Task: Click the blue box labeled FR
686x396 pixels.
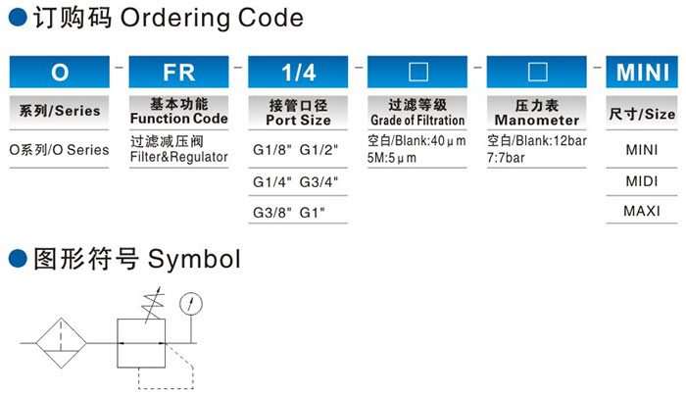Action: (x=178, y=72)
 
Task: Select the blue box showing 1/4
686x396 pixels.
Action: (x=298, y=72)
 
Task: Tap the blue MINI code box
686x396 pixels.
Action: (x=642, y=72)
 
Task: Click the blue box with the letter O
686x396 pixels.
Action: (x=60, y=72)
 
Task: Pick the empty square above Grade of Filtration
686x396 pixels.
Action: (x=418, y=73)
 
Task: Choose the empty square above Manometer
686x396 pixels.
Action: (x=538, y=73)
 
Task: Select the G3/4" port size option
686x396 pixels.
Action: (x=318, y=181)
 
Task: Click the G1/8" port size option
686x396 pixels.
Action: (x=271, y=150)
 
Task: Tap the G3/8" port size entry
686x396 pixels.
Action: (x=271, y=213)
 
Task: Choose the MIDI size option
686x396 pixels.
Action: (x=642, y=181)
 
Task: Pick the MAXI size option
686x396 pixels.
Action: (x=642, y=212)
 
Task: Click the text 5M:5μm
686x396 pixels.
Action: (x=392, y=158)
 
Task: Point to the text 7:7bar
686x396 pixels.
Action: (x=506, y=158)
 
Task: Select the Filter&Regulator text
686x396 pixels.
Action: (x=179, y=157)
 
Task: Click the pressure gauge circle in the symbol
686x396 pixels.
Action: (x=191, y=304)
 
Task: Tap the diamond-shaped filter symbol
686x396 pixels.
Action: (x=61, y=343)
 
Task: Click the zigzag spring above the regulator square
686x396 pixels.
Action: (x=153, y=304)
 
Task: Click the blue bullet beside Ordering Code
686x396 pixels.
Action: (x=18, y=18)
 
